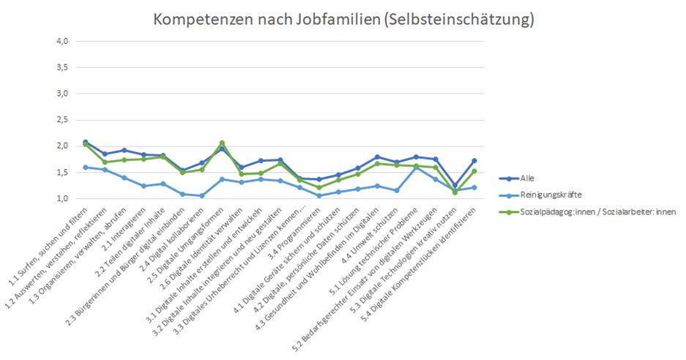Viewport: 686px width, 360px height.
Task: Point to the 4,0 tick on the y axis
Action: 61,42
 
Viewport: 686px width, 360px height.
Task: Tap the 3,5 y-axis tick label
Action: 61,67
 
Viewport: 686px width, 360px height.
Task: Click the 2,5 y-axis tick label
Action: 61,120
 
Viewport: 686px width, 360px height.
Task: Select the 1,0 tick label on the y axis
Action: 61,198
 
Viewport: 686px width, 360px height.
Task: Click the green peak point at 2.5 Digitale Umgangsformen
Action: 222,143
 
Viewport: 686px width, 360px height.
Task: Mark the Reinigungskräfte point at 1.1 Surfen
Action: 86,168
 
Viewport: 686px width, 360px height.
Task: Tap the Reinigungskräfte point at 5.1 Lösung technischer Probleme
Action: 417,168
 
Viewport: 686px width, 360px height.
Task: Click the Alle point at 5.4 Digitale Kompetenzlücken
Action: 475,160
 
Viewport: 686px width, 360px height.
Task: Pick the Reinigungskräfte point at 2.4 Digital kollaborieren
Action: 202,195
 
